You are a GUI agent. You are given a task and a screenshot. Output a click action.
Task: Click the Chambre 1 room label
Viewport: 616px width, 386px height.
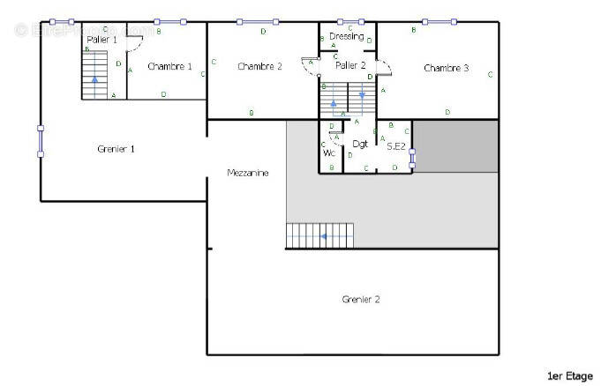pos(169,67)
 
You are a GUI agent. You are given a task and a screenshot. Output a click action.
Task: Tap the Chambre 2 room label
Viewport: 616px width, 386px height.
pos(259,67)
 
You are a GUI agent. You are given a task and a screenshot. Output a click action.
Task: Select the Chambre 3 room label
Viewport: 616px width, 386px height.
pos(446,68)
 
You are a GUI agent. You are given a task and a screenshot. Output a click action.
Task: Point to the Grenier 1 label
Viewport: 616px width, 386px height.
pos(116,149)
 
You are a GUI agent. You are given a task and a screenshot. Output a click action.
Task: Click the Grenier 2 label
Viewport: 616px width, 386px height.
pos(360,300)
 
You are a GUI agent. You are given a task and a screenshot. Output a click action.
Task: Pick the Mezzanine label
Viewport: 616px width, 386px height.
pos(247,173)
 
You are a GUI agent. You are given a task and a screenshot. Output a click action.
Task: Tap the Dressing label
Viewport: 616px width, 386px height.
pos(347,36)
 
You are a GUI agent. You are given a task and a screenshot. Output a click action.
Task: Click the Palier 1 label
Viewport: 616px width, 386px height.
pos(102,41)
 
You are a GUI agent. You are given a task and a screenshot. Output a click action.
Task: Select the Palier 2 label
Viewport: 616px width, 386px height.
pos(350,65)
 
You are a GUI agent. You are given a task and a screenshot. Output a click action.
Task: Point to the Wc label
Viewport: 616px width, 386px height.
pos(329,153)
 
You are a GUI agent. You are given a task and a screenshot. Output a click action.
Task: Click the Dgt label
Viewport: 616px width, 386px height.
pos(360,144)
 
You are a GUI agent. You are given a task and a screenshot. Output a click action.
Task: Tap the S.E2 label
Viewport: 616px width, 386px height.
pos(395,146)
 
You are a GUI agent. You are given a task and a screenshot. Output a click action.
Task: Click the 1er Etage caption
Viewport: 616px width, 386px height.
pos(569,376)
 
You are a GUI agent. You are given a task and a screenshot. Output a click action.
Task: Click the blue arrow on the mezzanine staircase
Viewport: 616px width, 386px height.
pos(325,236)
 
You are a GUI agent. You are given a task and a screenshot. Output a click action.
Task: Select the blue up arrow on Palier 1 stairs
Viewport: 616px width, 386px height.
pos(94,81)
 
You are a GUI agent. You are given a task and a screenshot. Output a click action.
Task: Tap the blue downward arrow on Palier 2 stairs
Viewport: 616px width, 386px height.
pos(361,95)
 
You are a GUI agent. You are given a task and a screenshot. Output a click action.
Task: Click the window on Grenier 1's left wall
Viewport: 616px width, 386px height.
pos(41,141)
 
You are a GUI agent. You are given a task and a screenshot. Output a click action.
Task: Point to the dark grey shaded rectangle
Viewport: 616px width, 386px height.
pos(455,145)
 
